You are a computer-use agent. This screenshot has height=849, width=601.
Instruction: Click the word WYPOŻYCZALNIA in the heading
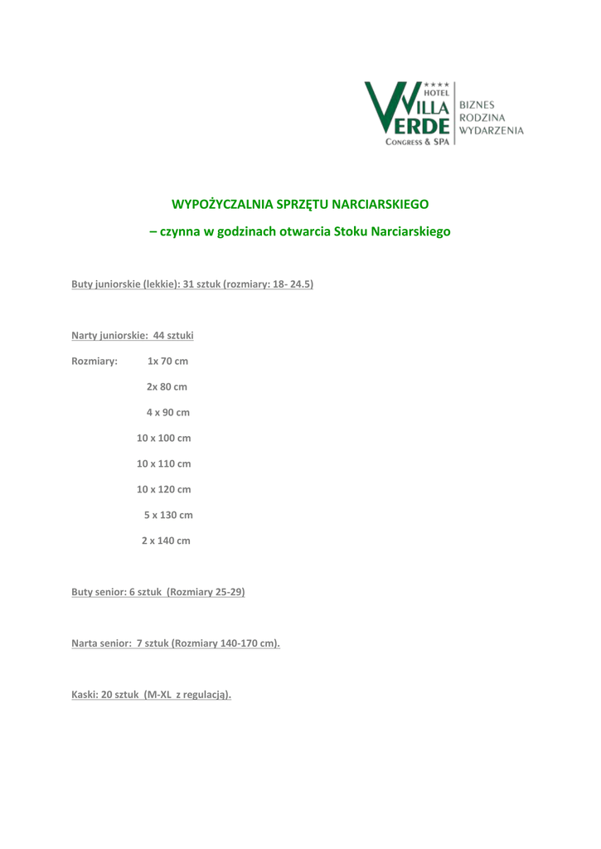click(212, 203)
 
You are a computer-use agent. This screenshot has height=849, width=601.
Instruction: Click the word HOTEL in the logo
click(435, 93)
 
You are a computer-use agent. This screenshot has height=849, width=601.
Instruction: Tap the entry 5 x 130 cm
click(168, 515)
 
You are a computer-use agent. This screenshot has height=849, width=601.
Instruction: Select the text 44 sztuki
click(173, 336)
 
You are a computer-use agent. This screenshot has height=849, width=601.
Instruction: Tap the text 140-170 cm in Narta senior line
click(247, 643)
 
